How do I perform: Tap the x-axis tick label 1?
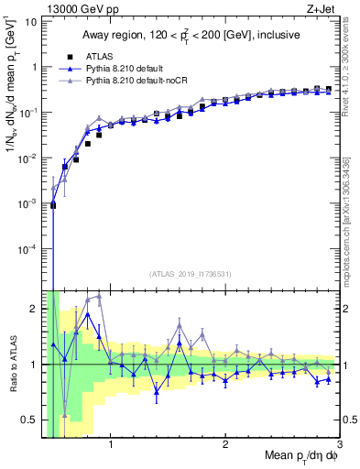pos(111,446)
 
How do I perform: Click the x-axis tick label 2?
pos(225,446)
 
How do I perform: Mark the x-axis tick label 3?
pos(339,446)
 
